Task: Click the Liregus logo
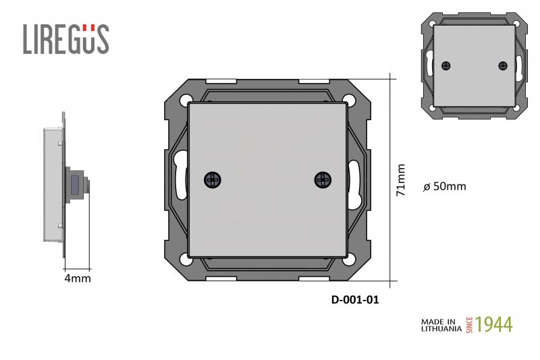click(x=66, y=39)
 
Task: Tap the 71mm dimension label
click(x=400, y=180)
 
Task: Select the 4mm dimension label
click(x=78, y=278)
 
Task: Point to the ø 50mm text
click(x=445, y=186)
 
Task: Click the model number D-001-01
click(x=355, y=300)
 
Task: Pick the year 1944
click(x=494, y=324)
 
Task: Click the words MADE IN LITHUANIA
click(x=441, y=325)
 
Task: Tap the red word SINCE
click(x=469, y=325)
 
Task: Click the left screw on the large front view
click(x=213, y=180)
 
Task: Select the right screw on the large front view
click(x=323, y=180)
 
